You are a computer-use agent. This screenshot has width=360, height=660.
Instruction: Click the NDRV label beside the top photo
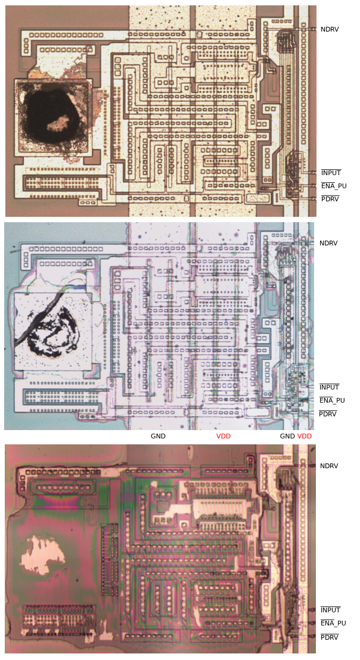329,29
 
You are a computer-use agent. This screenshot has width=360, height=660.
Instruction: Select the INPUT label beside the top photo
331,173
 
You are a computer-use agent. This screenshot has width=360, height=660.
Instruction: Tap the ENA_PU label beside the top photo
333,186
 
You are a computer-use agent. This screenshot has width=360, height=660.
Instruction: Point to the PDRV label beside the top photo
330,199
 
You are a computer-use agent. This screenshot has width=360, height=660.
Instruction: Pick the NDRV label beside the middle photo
328,243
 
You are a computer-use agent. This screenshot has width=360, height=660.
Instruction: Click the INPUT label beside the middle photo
329,387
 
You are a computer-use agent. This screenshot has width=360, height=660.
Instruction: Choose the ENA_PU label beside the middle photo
332,400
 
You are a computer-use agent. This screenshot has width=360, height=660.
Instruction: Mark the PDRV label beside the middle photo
328,414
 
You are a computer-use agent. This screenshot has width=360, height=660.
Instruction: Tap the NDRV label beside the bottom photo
329,466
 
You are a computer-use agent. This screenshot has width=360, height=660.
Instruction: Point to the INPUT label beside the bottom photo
330,610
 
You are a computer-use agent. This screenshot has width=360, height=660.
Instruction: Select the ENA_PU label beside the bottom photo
333,623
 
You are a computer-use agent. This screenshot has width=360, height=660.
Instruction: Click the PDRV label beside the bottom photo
330,637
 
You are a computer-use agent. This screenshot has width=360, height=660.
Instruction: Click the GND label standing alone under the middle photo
158,436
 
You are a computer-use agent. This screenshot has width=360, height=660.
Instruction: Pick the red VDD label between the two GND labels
224,436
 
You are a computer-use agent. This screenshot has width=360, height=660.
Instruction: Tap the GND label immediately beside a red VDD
287,436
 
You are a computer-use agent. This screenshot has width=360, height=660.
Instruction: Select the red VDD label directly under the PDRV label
305,436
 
